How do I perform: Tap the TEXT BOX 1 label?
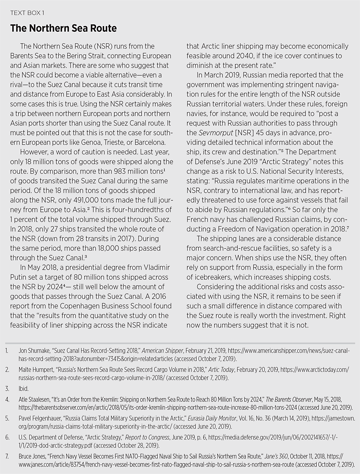pos(27,13)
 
